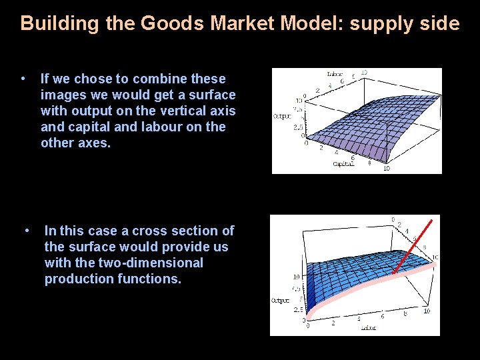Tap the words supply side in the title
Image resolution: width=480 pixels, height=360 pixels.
pos(405,24)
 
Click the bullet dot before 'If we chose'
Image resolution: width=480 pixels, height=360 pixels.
pos(23,78)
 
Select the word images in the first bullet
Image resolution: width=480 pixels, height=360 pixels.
pos(63,95)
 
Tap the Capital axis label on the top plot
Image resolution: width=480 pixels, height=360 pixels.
pos(343,164)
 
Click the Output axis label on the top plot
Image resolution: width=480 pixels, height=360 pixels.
pos(281,116)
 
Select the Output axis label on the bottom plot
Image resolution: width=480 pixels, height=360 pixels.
pos(280,301)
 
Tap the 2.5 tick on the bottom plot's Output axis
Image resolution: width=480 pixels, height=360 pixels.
pos(297,310)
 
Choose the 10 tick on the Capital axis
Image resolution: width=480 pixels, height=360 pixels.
pos(387,168)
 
